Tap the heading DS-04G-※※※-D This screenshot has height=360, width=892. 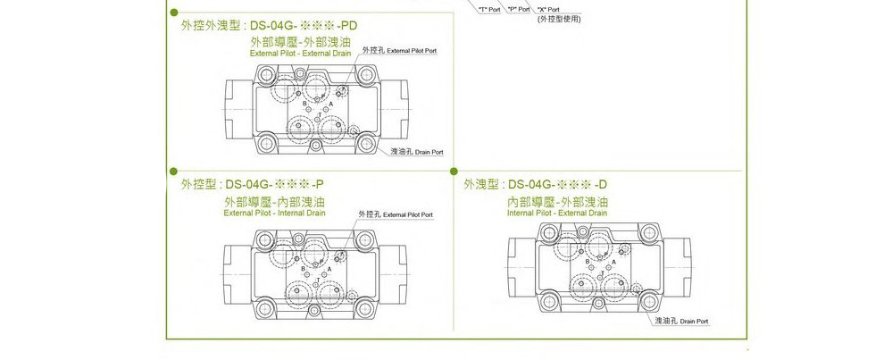pos(557,185)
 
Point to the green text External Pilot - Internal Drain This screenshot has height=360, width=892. pos(274,213)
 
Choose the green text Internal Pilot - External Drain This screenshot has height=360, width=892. pos(557,213)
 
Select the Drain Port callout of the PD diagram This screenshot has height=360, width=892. pos(417,153)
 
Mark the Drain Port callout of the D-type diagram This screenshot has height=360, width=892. pos(682,320)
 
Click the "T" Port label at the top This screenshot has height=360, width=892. pos(488,9)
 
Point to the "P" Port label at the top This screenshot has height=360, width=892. pos(519,9)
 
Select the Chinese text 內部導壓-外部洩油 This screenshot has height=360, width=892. pos(557,202)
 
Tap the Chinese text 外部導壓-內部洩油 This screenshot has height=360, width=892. pos(274,202)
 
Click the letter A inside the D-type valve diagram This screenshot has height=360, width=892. pos(613,262)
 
